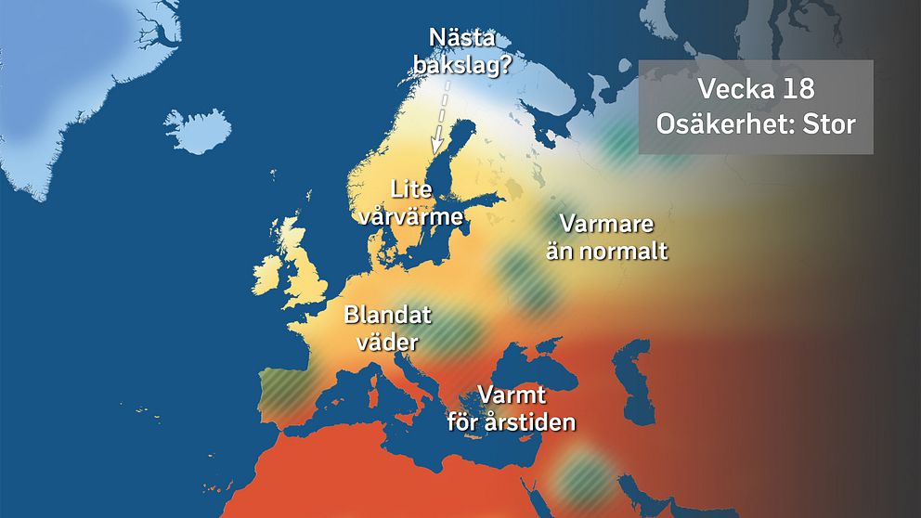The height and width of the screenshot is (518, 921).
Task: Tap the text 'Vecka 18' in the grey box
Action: pos(756,90)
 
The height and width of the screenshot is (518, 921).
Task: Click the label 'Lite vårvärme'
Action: pos(413,203)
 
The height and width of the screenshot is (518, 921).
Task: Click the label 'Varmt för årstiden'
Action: pos(511,408)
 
